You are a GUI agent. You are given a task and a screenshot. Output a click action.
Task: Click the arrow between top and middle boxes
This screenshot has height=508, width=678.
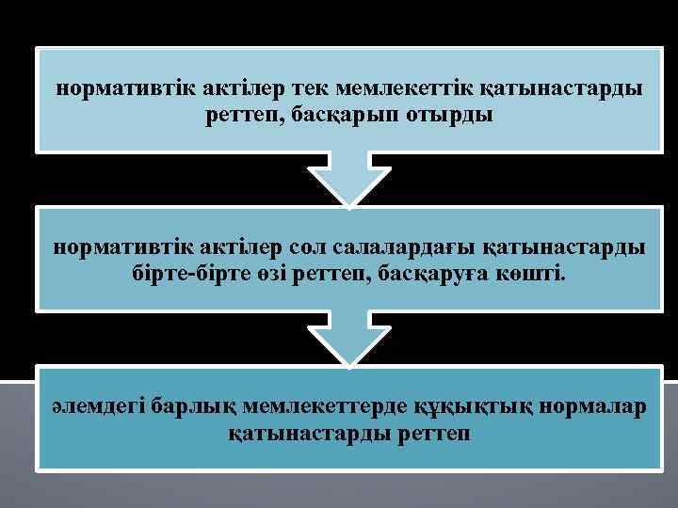coord(347,179)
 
